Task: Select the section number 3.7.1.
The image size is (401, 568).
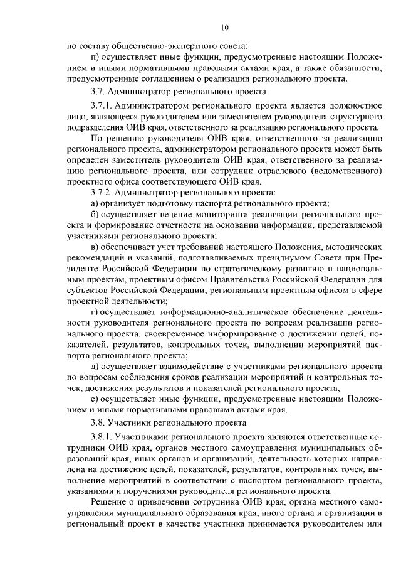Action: click(102, 104)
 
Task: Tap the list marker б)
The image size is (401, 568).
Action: click(95, 215)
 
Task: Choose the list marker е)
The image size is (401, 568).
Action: click(95, 399)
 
